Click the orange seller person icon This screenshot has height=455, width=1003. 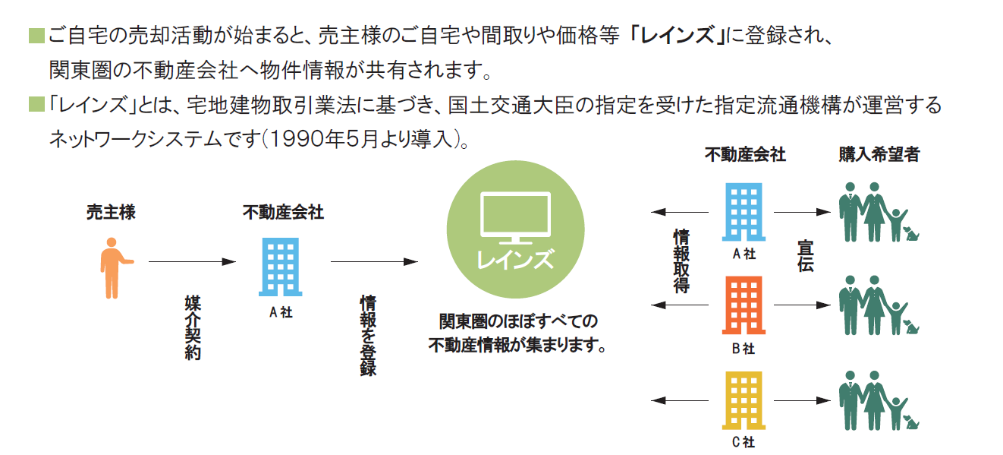coord(112,267)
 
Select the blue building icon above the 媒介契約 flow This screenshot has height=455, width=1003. coord(279,266)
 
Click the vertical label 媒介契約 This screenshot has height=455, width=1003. coord(193,327)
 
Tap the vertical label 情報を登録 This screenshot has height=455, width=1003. coord(368,335)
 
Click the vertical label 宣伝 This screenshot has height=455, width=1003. coord(805,257)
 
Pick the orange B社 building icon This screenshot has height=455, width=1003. coord(744,305)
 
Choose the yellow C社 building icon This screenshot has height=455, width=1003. coord(744,400)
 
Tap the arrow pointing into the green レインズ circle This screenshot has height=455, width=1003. coord(374,262)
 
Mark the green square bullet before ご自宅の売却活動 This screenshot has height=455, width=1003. coord(36,36)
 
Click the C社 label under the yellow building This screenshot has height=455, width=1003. coord(744,441)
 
